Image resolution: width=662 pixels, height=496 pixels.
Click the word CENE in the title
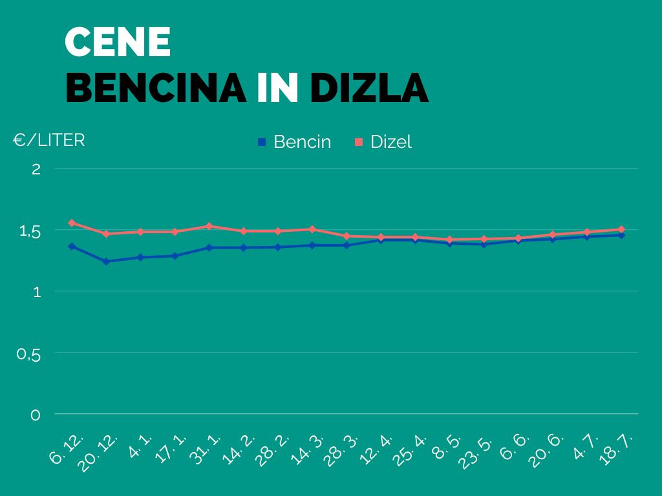point(118,43)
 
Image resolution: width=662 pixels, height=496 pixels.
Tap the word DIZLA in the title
point(369,88)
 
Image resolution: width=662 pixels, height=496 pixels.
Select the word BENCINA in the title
point(156,88)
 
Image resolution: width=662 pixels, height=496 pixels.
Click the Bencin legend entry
point(295,142)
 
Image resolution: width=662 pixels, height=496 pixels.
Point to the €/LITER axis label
point(49,140)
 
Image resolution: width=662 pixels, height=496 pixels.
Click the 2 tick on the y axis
point(36,169)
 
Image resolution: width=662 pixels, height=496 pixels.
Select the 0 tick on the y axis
point(36,415)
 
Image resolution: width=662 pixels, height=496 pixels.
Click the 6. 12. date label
point(67,449)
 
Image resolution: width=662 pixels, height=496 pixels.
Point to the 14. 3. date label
point(308,447)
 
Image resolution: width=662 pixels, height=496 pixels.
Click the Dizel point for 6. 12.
point(72,223)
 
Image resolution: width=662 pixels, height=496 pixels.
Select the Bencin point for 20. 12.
point(106,262)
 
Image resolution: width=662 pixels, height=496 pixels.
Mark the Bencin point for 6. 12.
point(72,246)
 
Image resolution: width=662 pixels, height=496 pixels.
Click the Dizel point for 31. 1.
point(209,226)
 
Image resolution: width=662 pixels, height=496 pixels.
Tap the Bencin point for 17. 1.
point(175,256)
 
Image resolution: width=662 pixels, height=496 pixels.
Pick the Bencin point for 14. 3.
point(312,245)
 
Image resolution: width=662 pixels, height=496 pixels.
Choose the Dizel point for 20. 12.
point(106,234)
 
